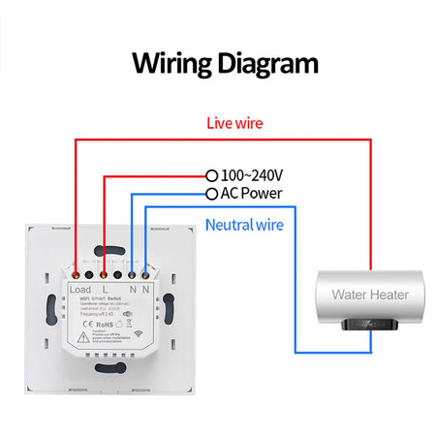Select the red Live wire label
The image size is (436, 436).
pos(234,123)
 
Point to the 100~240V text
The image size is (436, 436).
pos(253,175)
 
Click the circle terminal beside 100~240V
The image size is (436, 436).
pos(213,176)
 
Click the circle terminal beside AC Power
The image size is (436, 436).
pos(213,194)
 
